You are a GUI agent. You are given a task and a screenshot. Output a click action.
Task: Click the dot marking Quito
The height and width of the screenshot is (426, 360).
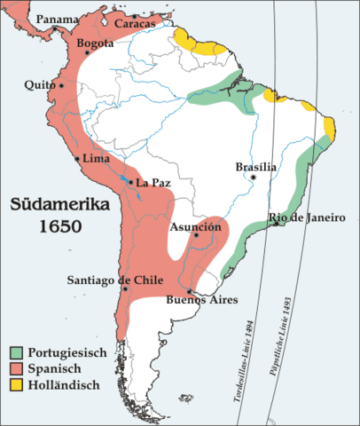click(61, 86)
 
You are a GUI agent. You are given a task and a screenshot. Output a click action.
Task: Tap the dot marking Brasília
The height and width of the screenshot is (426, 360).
click(253, 177)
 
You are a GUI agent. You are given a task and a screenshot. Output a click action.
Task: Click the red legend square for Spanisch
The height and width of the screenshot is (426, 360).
click(18, 369)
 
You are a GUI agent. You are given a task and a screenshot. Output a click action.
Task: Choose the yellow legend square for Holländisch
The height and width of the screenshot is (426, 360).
click(18, 385)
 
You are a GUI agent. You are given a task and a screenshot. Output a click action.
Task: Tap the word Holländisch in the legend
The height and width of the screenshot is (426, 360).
click(62, 385)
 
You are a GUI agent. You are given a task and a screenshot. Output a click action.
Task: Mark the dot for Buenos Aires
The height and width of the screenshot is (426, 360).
click(190, 290)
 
